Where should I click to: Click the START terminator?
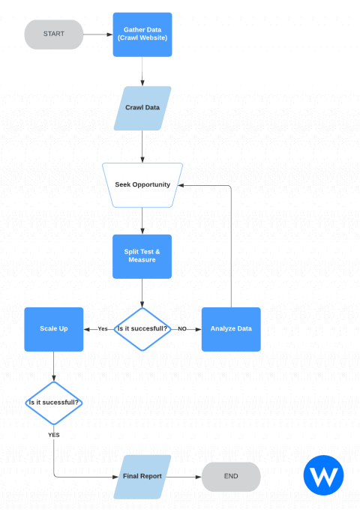tap(54, 34)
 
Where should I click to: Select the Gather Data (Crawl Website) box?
tap(142, 34)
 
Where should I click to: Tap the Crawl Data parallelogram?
tap(142, 108)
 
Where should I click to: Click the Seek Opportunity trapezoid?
tap(142, 184)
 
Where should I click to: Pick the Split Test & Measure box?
tap(142, 256)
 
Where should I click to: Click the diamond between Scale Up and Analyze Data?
tap(142, 328)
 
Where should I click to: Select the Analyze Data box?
tap(231, 328)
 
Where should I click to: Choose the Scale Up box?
tap(54, 328)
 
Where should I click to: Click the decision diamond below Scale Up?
tap(54, 403)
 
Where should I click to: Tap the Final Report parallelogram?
tap(142, 476)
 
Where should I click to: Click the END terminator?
tap(231, 476)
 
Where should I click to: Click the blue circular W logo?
tap(323, 476)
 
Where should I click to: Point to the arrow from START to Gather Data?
tap(97, 34)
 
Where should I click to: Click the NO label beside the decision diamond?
tap(182, 328)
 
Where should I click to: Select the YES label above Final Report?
tap(54, 435)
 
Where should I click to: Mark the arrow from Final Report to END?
tap(186, 476)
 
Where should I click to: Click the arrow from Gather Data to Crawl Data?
tap(142, 70)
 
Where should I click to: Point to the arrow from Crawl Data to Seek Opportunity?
tap(142, 146)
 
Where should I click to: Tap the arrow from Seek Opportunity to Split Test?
tap(142, 220)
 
